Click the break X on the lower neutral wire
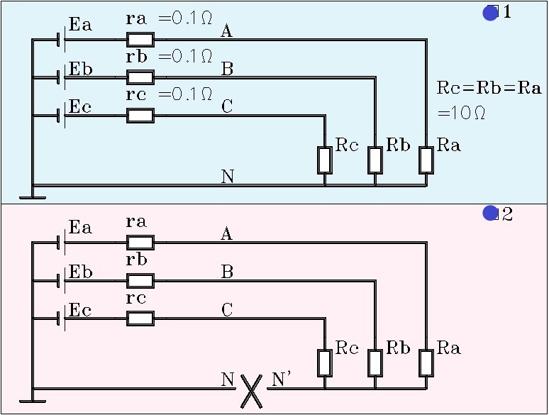coord(250,389)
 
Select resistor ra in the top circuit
coord(140,39)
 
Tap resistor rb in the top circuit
coord(140,77)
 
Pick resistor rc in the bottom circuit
coord(140,319)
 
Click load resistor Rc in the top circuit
coord(325,160)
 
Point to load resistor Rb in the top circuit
coord(375,160)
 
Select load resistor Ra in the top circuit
coord(426,160)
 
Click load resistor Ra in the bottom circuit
coord(426,363)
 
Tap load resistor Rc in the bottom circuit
coord(325,363)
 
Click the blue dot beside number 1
coord(490,13)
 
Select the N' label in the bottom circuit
coord(282,380)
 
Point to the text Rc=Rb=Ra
coord(489,89)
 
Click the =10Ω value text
coord(461,113)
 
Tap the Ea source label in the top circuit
coord(80,26)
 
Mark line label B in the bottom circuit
coord(227,272)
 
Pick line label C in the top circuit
coord(227,107)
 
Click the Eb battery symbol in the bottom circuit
coord(62,281)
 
